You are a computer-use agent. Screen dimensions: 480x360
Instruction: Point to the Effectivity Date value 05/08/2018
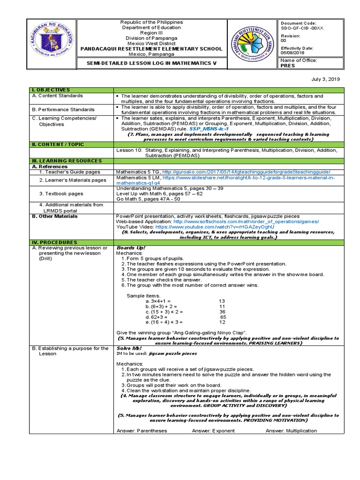coord(293,53)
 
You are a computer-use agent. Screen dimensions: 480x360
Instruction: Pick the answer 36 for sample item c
coord(222,312)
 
